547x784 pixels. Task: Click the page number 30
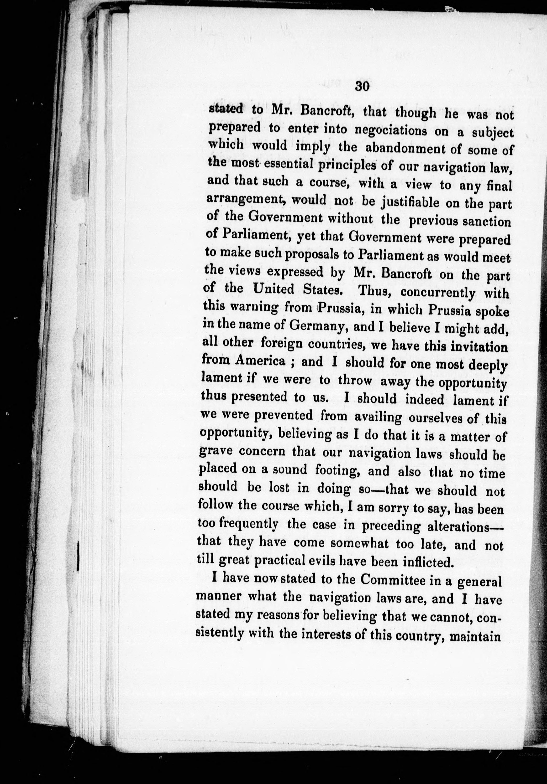coord(362,86)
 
